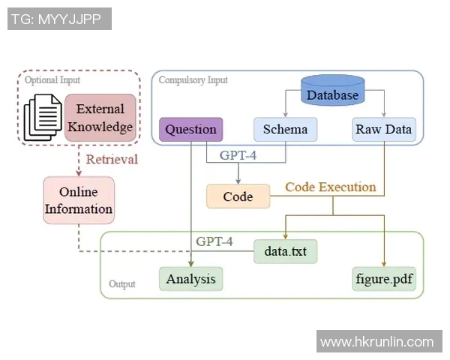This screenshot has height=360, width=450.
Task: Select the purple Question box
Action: point(190,129)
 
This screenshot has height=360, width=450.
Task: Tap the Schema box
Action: point(285,129)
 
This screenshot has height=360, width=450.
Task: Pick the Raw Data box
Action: point(384,129)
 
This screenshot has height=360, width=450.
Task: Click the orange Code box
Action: point(238,196)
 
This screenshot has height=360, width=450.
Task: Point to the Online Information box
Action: point(79,200)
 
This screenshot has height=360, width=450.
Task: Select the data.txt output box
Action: point(285,250)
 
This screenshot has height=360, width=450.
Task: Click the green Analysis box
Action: point(191,279)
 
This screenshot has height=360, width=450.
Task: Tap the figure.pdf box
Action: point(385,279)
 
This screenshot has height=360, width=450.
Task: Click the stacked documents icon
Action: point(43,116)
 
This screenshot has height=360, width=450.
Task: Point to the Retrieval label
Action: point(112,159)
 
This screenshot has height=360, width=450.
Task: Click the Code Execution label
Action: point(330,187)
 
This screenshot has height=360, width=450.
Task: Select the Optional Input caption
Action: point(52,79)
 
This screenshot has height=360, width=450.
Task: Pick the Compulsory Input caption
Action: point(193,79)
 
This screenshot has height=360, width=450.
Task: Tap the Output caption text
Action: point(122,284)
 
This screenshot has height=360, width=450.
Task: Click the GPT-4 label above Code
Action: point(238,155)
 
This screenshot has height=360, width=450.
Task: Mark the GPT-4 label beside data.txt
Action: point(214,241)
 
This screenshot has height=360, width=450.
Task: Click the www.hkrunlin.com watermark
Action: point(376,342)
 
